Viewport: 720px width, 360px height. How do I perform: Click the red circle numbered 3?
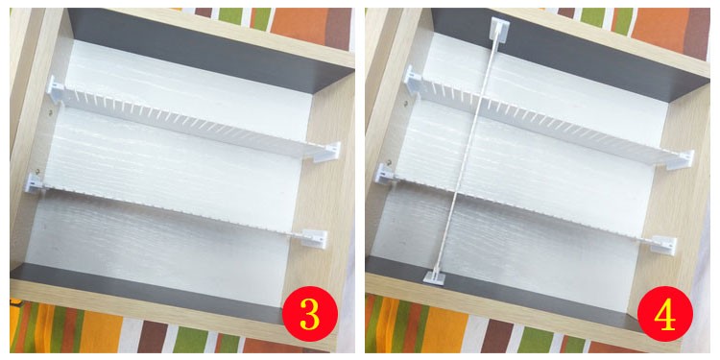coord(310,314)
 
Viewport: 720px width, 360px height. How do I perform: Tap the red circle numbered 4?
coord(665,314)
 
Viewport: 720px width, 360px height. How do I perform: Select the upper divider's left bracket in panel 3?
coord(54,89)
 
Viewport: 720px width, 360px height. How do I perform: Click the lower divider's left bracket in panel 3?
coord(35,182)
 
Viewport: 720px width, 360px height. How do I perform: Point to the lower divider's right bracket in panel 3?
coord(316,239)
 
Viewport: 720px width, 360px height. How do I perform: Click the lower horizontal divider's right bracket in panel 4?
coord(664,245)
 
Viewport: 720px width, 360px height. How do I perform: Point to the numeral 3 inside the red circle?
coord(310,315)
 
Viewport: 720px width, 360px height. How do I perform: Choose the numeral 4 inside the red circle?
coord(665,315)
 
